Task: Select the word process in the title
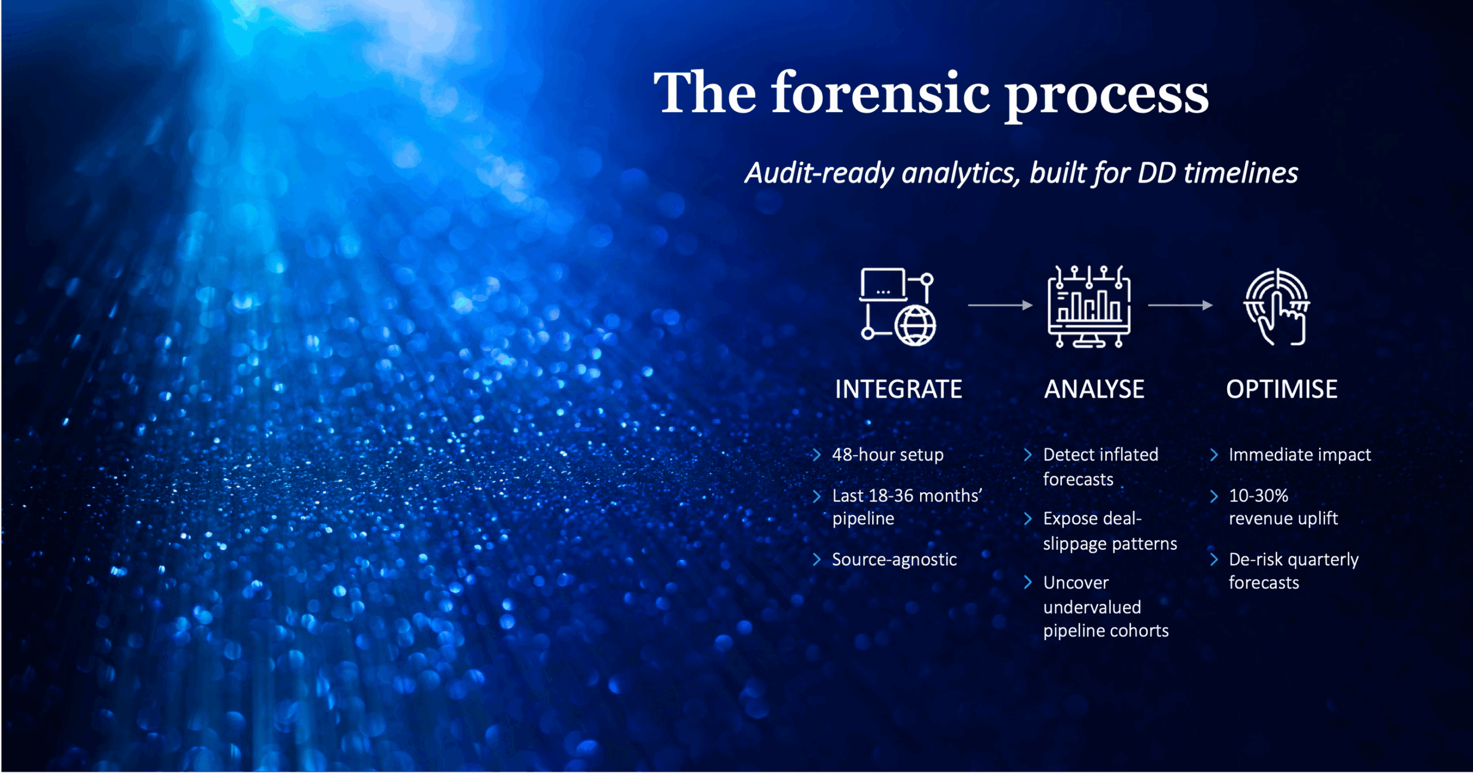[x=1107, y=98]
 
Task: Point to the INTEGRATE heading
[x=898, y=389]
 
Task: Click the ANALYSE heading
[x=1094, y=389]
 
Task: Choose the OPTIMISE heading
[x=1281, y=389]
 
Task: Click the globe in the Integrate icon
[x=915, y=325]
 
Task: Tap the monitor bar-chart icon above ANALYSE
[x=1089, y=306]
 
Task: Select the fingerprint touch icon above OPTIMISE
[x=1277, y=307]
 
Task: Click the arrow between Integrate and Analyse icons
[x=1000, y=305]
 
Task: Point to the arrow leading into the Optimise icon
[x=1180, y=305]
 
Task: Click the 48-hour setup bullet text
[x=888, y=455]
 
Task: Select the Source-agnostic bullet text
[x=894, y=560]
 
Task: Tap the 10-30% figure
[x=1258, y=496]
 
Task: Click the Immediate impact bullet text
[x=1300, y=455]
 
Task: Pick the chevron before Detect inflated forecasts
[x=1028, y=455]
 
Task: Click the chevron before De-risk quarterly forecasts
[x=1213, y=560]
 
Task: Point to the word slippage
[x=1076, y=544]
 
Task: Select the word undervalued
[x=1092, y=607]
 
